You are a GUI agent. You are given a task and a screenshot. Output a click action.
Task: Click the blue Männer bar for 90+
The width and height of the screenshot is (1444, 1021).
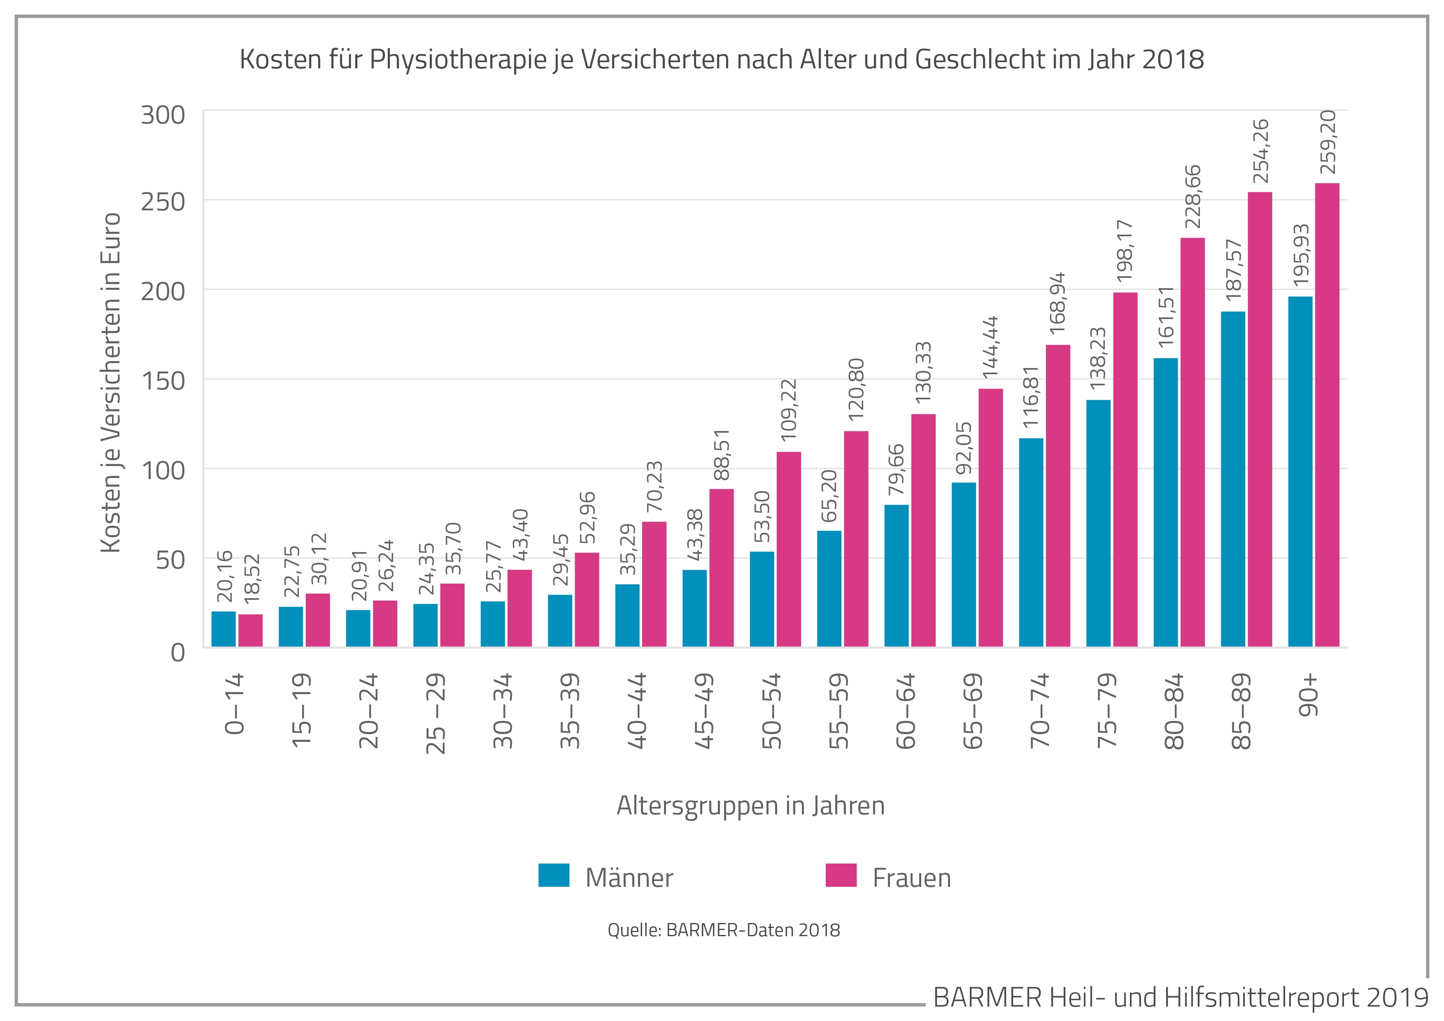click(1300, 472)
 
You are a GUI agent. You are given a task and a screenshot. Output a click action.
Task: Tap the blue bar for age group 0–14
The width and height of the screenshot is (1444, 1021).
click(223, 629)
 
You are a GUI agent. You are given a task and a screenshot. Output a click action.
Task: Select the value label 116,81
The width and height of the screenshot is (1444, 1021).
click(1031, 397)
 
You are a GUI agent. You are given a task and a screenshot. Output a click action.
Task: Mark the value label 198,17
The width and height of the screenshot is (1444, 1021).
click(1125, 250)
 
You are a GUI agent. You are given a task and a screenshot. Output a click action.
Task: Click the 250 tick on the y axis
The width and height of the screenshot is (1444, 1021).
click(163, 202)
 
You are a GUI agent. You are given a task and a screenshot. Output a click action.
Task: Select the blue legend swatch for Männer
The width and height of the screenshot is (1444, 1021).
click(554, 875)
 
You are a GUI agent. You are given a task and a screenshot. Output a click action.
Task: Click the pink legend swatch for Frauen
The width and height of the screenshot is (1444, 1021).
click(841, 875)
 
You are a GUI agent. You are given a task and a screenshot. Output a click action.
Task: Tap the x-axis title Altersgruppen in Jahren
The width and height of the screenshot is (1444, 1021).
click(750, 806)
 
